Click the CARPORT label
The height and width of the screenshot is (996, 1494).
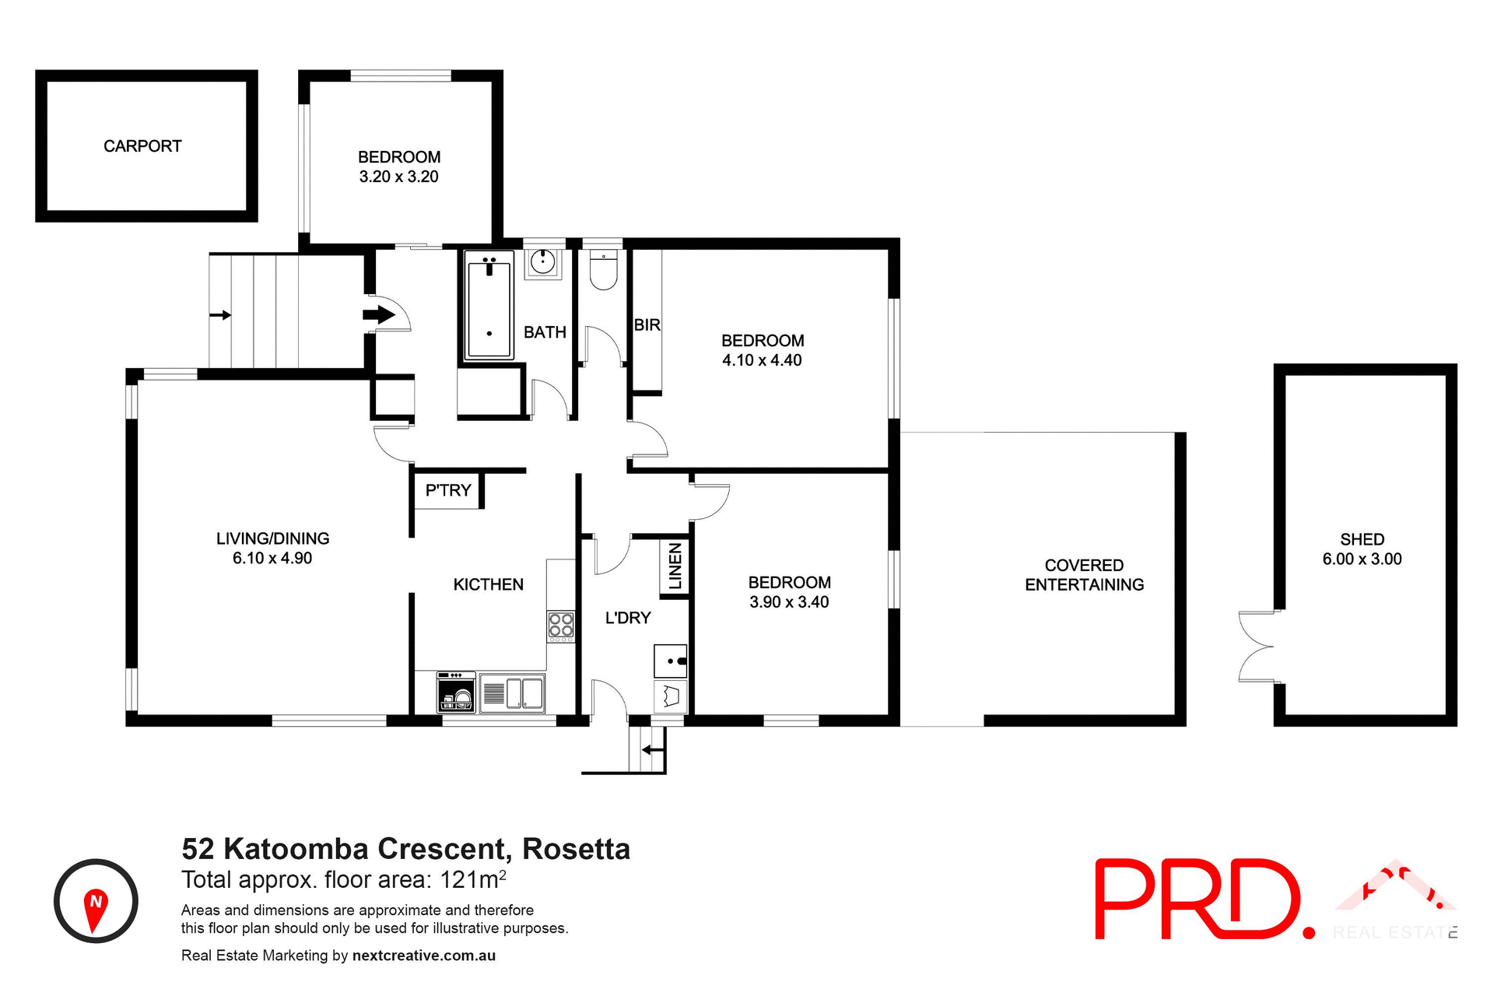coord(142,146)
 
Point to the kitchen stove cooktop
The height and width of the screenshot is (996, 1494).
coord(561,626)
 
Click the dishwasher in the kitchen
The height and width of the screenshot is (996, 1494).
coord(457,693)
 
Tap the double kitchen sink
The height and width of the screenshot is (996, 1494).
coord(524,693)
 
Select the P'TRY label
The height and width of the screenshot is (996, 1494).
coord(448,490)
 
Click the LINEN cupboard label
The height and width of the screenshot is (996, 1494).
coord(675,566)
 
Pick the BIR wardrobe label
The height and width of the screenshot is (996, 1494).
coord(647,325)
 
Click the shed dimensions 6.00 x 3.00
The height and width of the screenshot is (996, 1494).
coord(1362,559)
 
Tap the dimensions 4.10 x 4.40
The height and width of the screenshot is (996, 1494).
coord(762,360)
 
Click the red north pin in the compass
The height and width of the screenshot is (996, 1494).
coord(95,908)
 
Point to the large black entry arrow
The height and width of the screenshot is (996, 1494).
coord(379,314)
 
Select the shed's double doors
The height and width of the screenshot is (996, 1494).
coord(1255,647)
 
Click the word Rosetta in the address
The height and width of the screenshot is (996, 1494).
coord(576,849)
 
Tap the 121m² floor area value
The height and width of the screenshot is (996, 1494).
coord(473,880)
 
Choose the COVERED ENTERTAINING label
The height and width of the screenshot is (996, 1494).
coord(1084,575)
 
